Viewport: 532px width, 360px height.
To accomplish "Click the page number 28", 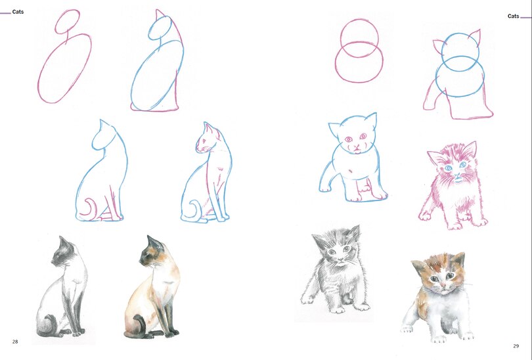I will coord(14,342).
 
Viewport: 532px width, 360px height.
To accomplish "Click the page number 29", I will coord(516,346).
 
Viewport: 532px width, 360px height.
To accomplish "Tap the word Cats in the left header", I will coord(18,12).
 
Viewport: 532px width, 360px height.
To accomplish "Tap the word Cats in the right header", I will coord(513,16).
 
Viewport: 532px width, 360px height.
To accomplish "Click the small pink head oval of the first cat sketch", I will coord(68,22).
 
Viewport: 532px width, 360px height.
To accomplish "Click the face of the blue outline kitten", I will coord(355,139).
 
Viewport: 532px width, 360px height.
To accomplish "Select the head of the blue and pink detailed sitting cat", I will coord(210,139).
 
